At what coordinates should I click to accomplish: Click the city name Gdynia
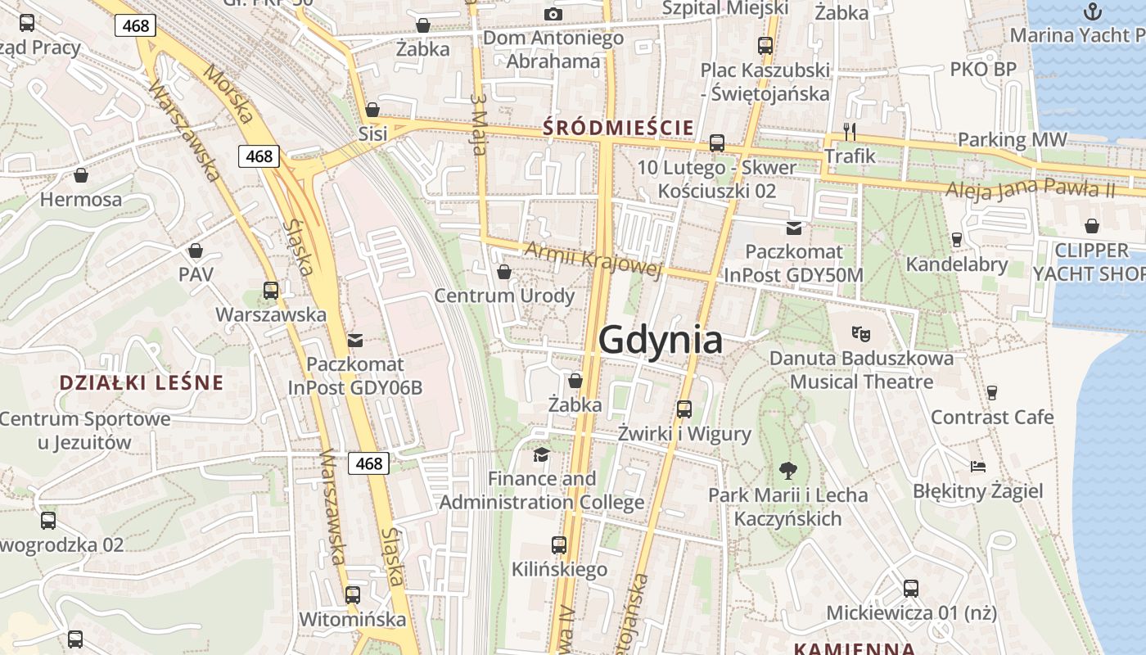pos(661,340)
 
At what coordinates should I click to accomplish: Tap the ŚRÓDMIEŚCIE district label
pos(618,128)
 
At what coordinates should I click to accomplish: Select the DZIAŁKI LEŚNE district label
pos(142,382)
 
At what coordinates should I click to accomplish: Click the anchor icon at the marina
pos(1092,11)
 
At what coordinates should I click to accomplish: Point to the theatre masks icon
pos(859,333)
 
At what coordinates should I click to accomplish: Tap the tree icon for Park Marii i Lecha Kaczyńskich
pos(788,470)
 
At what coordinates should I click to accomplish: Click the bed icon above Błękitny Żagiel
pos(977,467)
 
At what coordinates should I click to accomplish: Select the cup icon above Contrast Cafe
pos(992,392)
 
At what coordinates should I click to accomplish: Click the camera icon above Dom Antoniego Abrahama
pos(553,14)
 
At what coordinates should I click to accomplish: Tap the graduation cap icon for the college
pos(541,454)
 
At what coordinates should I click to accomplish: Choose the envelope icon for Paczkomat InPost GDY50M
pos(793,228)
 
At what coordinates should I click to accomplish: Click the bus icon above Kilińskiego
pos(559,544)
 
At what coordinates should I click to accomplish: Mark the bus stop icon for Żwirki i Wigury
pos(684,409)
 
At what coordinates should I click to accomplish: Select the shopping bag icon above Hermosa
pos(81,174)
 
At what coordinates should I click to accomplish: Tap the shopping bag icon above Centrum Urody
pos(504,271)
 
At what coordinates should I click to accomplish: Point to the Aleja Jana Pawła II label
pos(1031,189)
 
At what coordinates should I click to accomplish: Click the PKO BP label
pos(982,70)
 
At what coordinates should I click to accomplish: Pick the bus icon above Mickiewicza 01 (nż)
pos(910,588)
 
